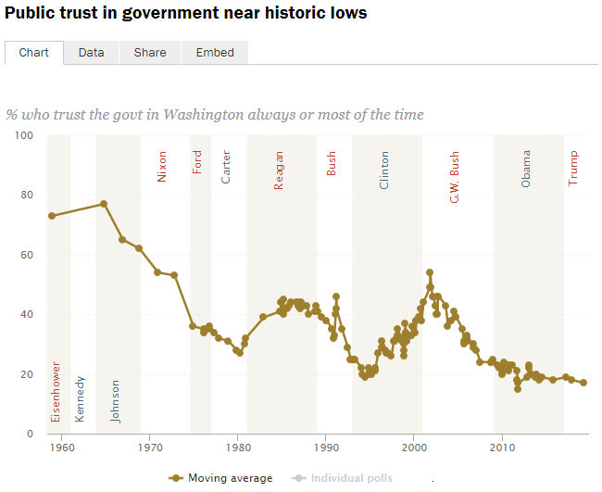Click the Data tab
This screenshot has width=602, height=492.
point(91,53)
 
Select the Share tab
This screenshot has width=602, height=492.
point(150,53)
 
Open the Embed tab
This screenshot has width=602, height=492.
point(215,53)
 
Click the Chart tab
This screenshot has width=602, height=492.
point(34,53)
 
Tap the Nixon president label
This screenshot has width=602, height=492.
point(162,166)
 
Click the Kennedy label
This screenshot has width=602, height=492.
point(80,398)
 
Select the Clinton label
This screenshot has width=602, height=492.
point(384,171)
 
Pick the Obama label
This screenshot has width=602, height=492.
point(526,170)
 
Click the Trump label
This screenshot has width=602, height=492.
point(572,169)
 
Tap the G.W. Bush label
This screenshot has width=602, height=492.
point(455,179)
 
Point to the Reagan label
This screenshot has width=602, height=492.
point(279,171)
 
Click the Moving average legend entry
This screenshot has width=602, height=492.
point(221,478)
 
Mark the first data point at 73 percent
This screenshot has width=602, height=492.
point(52,216)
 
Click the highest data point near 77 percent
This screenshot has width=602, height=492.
point(104,204)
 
